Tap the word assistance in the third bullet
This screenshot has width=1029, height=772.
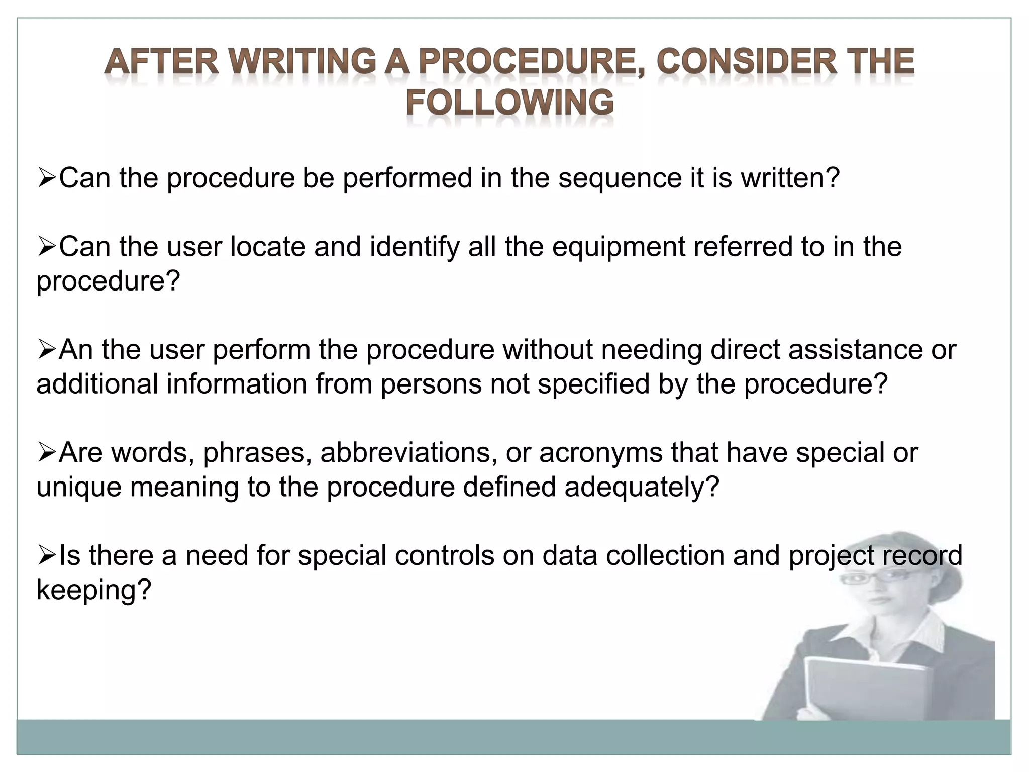856,350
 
